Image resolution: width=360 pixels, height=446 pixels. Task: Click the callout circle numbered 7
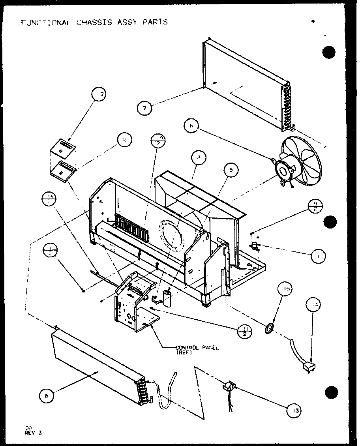point(145,108)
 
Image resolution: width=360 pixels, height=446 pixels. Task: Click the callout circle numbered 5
point(231,170)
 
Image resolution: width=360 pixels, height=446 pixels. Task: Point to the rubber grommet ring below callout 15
point(270,328)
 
